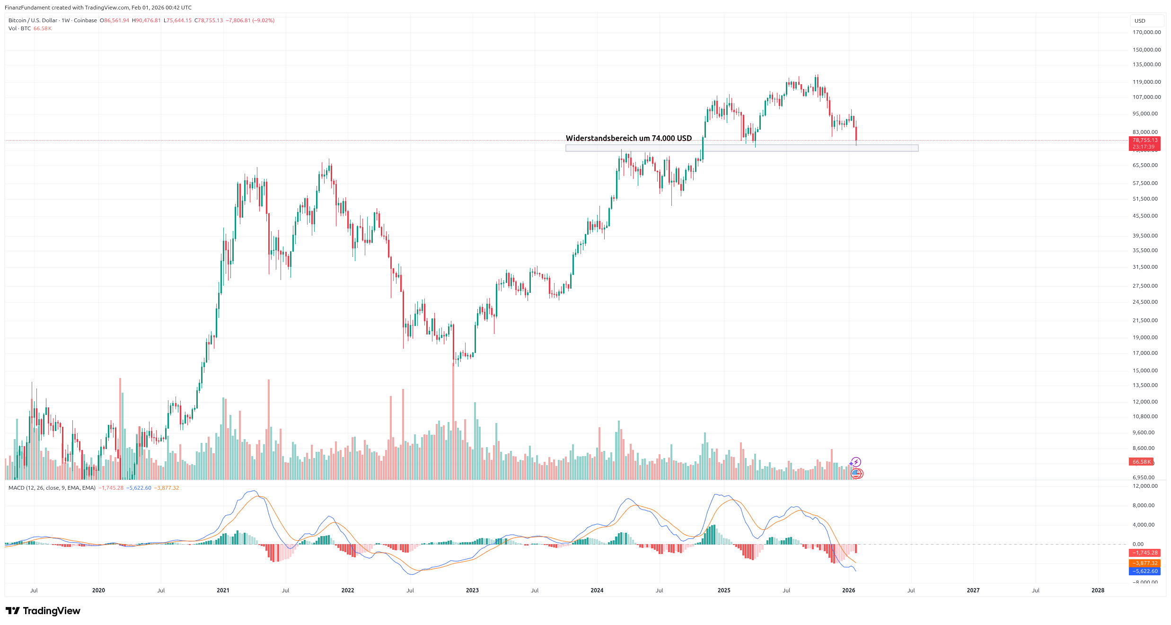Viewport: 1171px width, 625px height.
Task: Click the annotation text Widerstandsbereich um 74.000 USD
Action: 628,138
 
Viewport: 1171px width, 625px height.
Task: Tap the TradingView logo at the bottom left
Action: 43,611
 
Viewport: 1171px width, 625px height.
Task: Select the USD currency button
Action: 1140,21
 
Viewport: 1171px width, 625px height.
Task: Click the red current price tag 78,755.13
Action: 1145,141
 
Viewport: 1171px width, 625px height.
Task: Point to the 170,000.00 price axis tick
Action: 1146,32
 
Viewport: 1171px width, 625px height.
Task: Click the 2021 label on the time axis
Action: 223,590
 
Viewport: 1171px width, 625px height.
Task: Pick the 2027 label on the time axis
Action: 973,590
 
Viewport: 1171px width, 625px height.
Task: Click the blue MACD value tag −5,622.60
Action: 1145,571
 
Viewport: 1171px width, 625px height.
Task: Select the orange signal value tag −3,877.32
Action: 1145,563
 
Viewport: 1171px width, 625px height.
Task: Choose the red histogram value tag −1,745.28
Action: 1145,553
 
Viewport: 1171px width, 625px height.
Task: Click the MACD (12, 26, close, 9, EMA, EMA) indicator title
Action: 52,488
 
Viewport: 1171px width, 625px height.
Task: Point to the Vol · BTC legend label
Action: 19,28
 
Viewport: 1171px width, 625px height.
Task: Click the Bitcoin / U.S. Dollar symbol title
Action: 33,20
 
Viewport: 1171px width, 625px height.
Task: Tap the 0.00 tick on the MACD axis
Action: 1138,544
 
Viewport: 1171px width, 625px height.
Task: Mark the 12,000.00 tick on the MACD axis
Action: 1145,486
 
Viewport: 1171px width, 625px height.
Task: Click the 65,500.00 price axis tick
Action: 1145,165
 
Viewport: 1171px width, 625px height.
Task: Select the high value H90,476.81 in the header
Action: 146,20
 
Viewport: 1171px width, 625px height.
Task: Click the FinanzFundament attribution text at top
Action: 98,8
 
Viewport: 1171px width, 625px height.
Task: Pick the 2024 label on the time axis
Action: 597,590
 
